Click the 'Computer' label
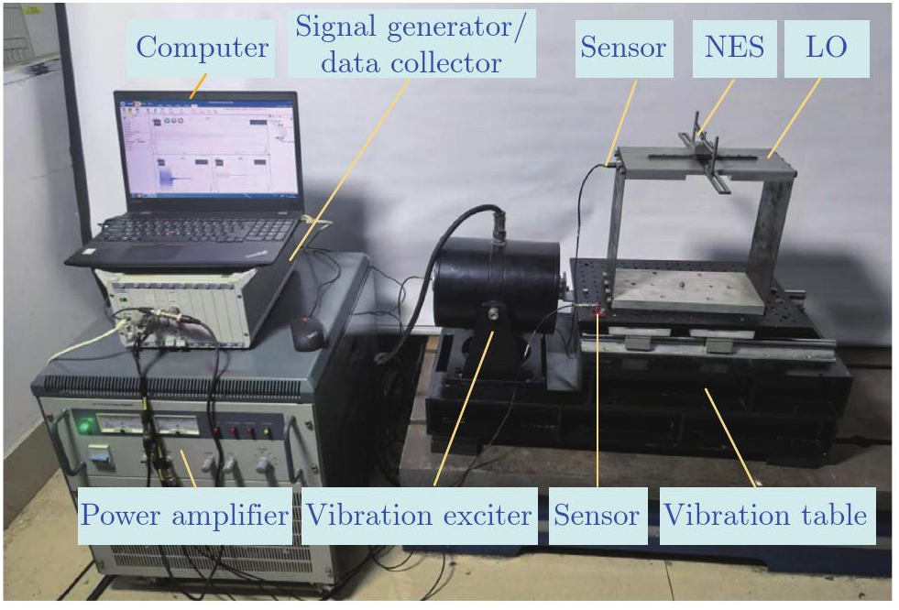pyautogui.click(x=201, y=49)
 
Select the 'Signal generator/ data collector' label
pyautogui.click(x=411, y=44)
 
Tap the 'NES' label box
pyautogui.click(x=734, y=49)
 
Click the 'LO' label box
pyautogui.click(x=827, y=49)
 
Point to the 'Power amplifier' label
pyautogui.click(x=184, y=516)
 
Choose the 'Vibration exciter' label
pyautogui.click(x=419, y=516)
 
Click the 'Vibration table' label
pyautogui.click(x=768, y=516)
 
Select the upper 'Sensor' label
pyautogui.click(x=624, y=49)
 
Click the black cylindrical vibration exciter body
pyautogui.click(x=496, y=284)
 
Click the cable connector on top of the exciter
pyautogui.click(x=499, y=223)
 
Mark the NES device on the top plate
pyautogui.click(x=702, y=149)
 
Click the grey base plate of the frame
pyautogui.click(x=688, y=291)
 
